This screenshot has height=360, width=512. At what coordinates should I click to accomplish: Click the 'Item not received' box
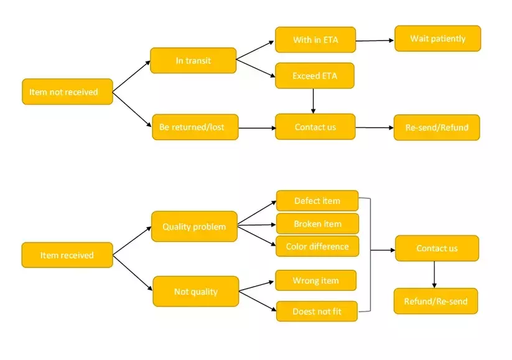click(67, 91)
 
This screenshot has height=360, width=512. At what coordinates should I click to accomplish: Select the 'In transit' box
click(193, 60)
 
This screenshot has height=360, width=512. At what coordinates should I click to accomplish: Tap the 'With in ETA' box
click(315, 40)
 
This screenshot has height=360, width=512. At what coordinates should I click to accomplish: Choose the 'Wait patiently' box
click(437, 39)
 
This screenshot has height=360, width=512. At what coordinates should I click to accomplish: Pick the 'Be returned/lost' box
click(195, 127)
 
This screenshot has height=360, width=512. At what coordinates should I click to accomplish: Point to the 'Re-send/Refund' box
click(437, 127)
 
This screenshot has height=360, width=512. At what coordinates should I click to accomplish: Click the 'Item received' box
click(67, 255)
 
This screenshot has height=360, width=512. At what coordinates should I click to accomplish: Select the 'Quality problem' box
click(194, 226)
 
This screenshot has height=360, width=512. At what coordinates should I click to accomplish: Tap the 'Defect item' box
click(317, 201)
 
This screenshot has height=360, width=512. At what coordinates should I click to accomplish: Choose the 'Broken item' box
click(317, 223)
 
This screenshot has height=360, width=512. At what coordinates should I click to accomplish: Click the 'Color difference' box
click(317, 246)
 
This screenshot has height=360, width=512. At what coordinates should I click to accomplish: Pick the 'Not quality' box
click(195, 291)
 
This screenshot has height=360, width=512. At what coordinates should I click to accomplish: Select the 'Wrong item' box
click(316, 280)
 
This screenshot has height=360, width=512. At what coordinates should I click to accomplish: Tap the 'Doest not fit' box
click(317, 311)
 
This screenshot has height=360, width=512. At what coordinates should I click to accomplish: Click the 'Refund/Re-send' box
click(435, 302)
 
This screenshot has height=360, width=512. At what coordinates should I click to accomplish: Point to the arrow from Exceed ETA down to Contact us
click(313, 101)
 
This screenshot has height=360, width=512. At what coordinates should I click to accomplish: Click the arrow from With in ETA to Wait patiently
click(375, 40)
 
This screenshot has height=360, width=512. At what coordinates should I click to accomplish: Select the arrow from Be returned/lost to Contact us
click(257, 128)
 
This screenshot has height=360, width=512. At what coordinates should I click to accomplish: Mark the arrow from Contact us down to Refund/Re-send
click(434, 274)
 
